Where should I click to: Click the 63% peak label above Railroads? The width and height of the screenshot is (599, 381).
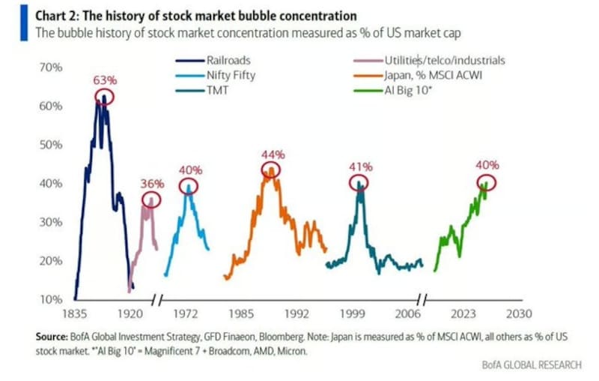tap(105, 81)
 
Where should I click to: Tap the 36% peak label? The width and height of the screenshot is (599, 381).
tap(152, 184)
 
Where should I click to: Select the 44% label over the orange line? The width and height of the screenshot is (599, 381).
tap(273, 154)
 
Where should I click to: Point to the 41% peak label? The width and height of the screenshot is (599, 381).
tap(361, 166)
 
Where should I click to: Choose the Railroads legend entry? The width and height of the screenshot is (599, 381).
tap(213, 61)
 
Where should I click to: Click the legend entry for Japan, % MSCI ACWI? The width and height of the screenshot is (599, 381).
tap(418, 75)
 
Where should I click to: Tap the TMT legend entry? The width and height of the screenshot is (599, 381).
tap(202, 90)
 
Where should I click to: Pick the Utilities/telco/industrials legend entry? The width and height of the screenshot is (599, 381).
tap(429, 61)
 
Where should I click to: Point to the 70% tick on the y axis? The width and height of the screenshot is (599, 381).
tap(51, 67)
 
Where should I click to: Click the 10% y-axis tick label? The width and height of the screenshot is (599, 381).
tap(51, 299)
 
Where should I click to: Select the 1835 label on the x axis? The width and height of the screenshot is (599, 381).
tap(75, 314)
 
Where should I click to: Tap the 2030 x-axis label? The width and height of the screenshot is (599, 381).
tap(519, 314)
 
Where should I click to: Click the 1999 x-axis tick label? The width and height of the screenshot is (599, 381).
tap(353, 314)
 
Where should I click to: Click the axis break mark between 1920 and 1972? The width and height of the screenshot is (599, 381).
tap(156, 300)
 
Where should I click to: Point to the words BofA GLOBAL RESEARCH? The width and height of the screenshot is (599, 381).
tap(532, 365)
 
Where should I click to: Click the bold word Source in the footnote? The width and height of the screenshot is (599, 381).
tap(52, 337)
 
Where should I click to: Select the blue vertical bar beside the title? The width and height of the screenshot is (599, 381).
tap(24, 22)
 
